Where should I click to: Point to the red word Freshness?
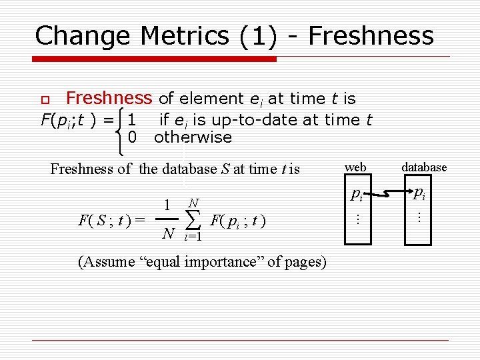coord(109,99)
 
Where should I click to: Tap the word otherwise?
coord(193,137)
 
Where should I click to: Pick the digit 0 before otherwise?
coord(132,137)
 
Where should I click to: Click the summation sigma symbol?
coord(193,217)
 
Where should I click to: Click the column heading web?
coord(355,167)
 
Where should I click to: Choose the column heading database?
coord(424,167)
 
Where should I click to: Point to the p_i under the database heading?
coord(419,194)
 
